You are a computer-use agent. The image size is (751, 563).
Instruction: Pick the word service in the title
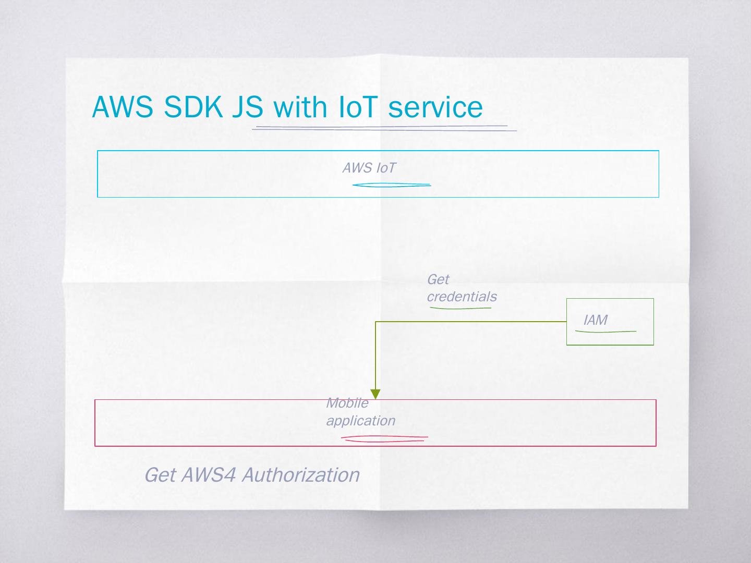click(x=435, y=107)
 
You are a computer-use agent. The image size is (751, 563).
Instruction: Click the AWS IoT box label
click(x=369, y=168)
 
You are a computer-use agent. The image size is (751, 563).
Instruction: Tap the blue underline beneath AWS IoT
click(x=391, y=185)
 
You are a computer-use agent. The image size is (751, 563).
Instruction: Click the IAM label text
click(x=595, y=320)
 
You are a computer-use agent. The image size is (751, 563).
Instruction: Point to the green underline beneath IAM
click(x=605, y=331)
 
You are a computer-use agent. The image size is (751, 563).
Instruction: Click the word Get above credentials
click(x=438, y=279)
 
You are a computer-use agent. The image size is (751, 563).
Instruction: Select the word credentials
click(x=462, y=297)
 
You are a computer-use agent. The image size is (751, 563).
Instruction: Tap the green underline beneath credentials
click(x=460, y=308)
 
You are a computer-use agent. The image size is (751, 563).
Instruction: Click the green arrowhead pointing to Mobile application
click(x=375, y=394)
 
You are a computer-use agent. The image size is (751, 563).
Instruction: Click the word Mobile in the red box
click(x=347, y=403)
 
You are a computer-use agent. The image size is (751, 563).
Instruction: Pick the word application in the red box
click(x=360, y=421)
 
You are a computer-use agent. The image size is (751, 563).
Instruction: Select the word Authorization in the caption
click(x=300, y=475)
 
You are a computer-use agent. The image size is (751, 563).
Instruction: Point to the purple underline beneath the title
click(x=383, y=127)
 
